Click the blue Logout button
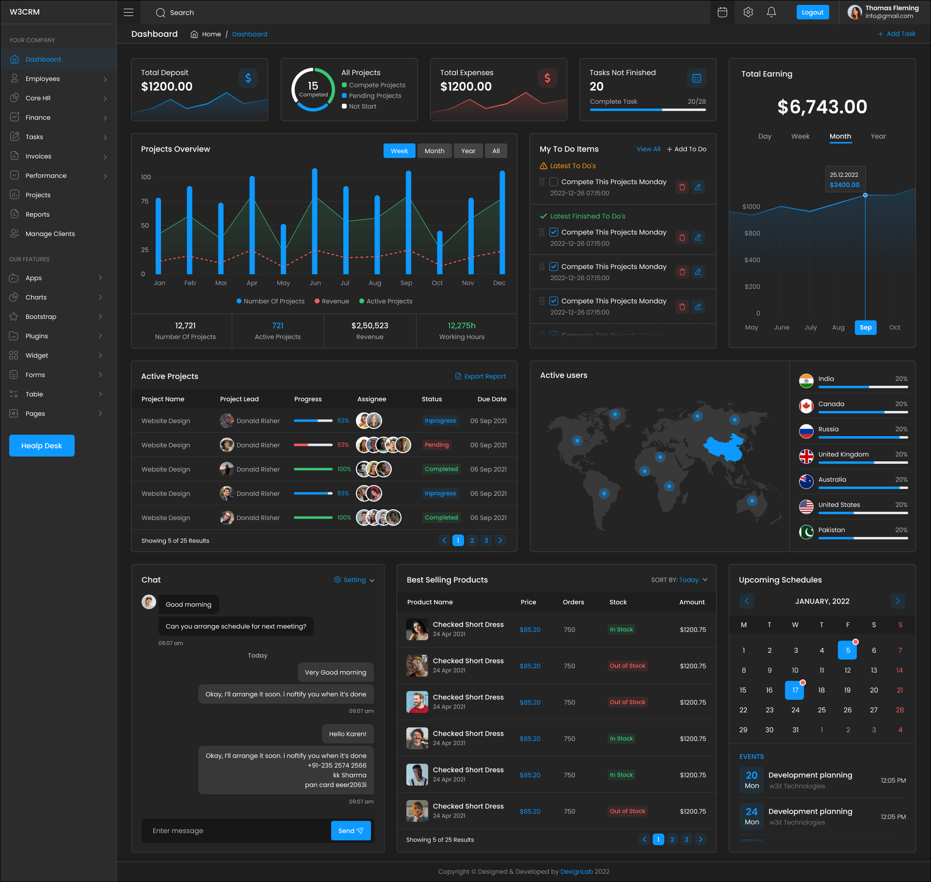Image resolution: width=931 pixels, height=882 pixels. pyautogui.click(x=812, y=13)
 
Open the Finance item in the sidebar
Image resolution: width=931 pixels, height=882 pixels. pyautogui.click(x=38, y=117)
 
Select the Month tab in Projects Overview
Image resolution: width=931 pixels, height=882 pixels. pyautogui.click(x=434, y=151)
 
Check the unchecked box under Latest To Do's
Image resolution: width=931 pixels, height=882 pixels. pyautogui.click(x=553, y=182)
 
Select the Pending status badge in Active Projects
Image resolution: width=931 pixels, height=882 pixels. pyautogui.click(x=436, y=445)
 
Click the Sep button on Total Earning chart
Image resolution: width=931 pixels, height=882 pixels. pyautogui.click(x=865, y=328)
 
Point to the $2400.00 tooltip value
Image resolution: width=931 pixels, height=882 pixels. pyautogui.click(x=844, y=185)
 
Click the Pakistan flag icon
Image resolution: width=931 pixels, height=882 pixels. pyautogui.click(x=806, y=532)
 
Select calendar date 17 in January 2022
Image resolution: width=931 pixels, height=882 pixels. pyautogui.click(x=794, y=690)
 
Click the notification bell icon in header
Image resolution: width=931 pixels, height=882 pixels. pyautogui.click(x=771, y=13)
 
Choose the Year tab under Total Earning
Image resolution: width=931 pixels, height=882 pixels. pyautogui.click(x=878, y=137)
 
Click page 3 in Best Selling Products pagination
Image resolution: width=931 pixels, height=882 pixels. pyautogui.click(x=686, y=839)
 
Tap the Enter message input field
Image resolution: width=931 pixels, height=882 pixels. pyautogui.click(x=235, y=831)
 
